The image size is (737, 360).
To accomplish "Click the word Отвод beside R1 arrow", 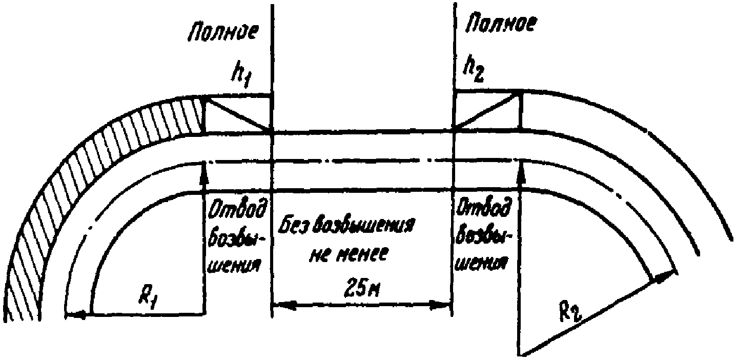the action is pos(236,210).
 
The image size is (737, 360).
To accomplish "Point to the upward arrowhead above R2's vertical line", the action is pos(521,168).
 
